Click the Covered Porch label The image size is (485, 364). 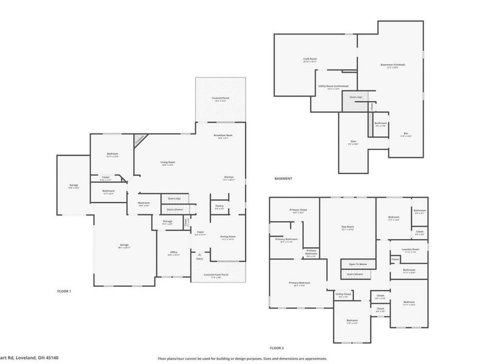click(220, 98)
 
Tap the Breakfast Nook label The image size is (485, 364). click(223, 135)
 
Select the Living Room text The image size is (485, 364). click(167, 162)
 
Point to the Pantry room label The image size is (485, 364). click(219, 206)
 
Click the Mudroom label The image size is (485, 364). click(144, 203)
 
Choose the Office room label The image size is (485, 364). click(173, 254)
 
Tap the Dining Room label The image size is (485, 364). click(227, 237)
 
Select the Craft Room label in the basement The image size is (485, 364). click(310, 59)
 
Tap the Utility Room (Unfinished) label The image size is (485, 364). click(333, 86)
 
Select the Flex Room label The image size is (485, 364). click(347, 226)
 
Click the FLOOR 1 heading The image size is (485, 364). click(64, 291)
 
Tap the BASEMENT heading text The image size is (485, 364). click(283, 178)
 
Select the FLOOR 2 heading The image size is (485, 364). click(276, 348)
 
